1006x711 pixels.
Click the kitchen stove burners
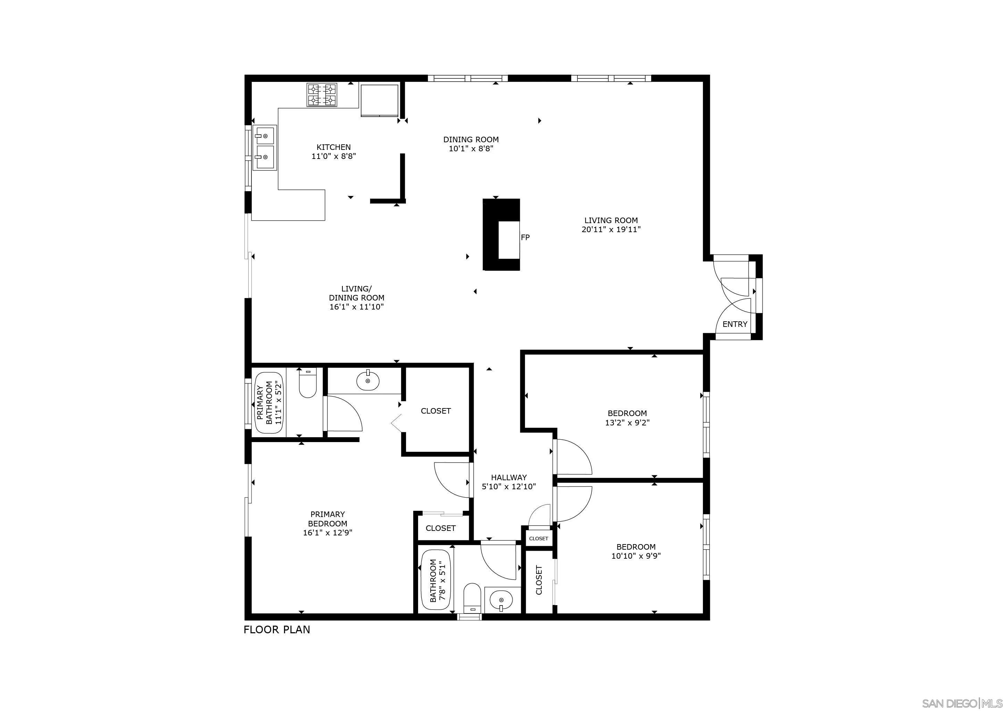(322, 95)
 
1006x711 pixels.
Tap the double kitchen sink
(265, 147)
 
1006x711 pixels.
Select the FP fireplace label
(525, 237)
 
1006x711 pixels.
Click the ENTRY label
(735, 324)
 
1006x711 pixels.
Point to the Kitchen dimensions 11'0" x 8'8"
(333, 156)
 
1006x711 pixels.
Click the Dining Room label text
(471, 139)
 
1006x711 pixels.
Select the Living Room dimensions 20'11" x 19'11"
(611, 229)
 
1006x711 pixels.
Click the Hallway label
(508, 477)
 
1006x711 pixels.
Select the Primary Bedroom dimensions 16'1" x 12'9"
(327, 533)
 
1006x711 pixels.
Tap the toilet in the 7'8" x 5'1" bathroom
(472, 597)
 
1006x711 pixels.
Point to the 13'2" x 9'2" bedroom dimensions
(627, 423)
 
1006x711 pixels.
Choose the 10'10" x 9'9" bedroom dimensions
(636, 556)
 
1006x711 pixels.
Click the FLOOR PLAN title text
(276, 629)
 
